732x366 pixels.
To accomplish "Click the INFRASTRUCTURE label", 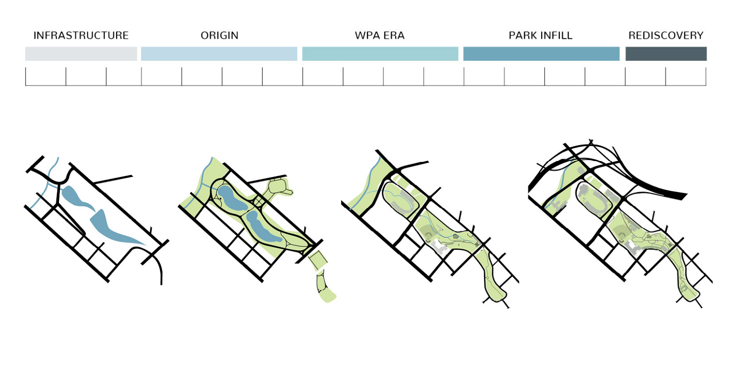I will (81, 36).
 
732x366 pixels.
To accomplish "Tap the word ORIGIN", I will (219, 36).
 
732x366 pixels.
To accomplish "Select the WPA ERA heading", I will (380, 36).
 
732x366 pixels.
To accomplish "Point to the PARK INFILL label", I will (540, 36).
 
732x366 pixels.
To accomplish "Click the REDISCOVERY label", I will (666, 36).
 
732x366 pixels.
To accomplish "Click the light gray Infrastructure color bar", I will (81, 54).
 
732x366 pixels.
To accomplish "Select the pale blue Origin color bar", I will (219, 54).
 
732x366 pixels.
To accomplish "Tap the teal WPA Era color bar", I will (380, 54).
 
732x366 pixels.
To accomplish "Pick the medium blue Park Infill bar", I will (541, 54).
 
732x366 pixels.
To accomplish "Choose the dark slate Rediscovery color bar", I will (666, 54).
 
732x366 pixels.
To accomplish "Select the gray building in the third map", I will (441, 248).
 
